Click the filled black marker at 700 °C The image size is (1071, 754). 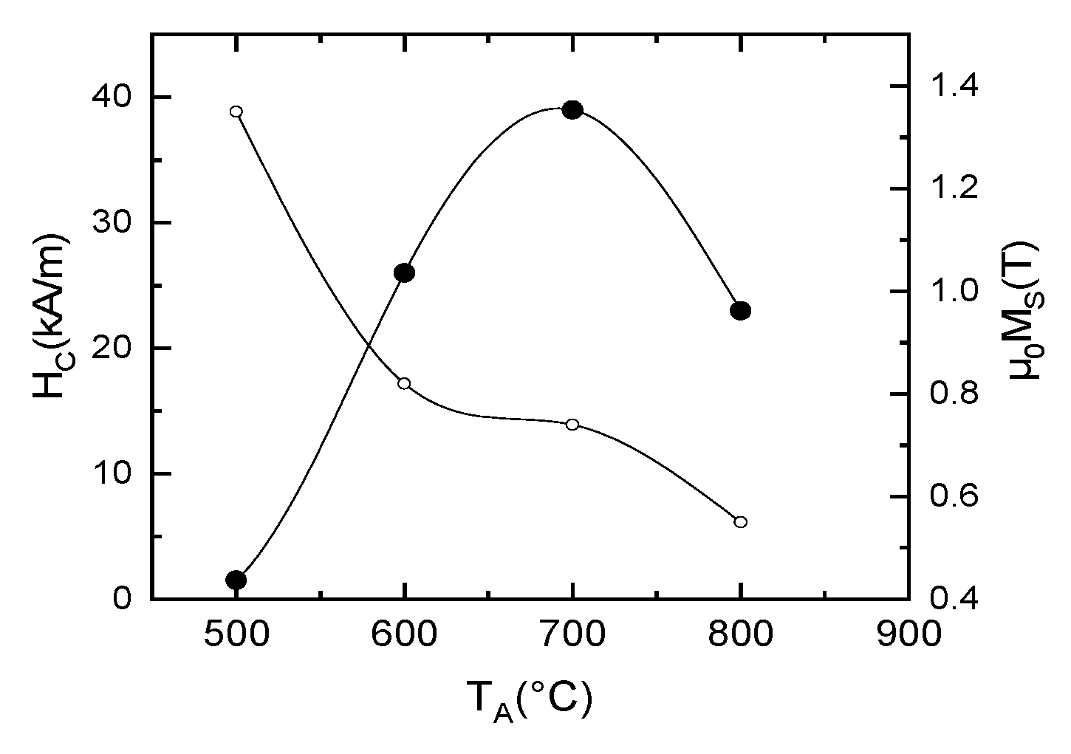tap(572, 110)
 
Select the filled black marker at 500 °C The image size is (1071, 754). tap(236, 580)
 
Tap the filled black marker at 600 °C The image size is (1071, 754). tap(404, 273)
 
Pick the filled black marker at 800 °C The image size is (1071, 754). tap(740, 311)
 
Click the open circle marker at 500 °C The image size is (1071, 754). tap(236, 112)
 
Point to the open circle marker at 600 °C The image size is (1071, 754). tap(404, 383)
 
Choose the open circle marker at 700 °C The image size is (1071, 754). tap(572, 424)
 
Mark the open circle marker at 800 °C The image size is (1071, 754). tap(740, 522)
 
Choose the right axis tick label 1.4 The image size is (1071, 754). tap(953, 87)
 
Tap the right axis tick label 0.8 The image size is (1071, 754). tap(953, 394)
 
